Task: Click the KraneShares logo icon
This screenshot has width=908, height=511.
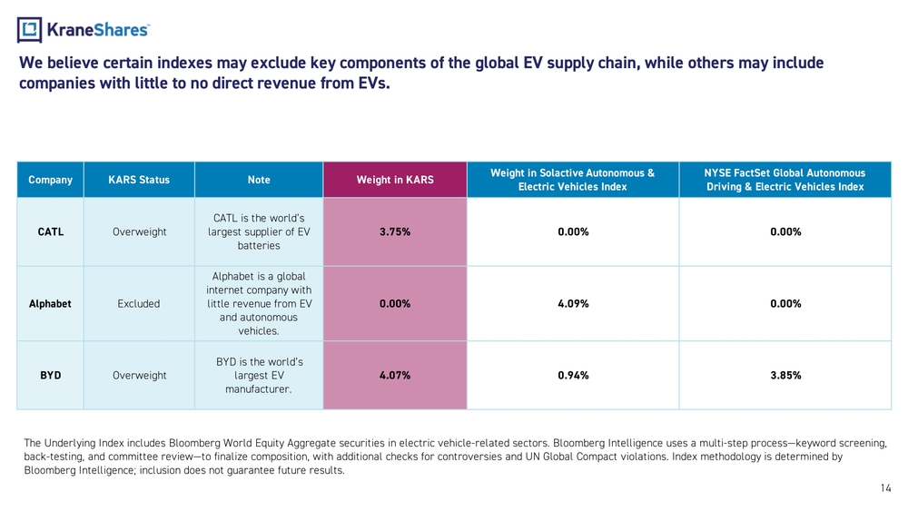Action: click(29, 30)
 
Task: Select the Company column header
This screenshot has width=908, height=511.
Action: click(50, 180)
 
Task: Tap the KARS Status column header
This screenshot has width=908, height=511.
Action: click(139, 180)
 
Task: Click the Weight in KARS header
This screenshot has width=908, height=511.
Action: click(395, 180)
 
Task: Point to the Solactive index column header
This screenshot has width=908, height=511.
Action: click(572, 180)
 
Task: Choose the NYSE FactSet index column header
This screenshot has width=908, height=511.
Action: click(785, 180)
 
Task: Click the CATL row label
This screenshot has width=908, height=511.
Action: click(50, 231)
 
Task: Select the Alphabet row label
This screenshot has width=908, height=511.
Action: click(50, 304)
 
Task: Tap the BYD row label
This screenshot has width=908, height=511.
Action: click(50, 375)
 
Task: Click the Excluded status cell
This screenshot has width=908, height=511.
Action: click(139, 304)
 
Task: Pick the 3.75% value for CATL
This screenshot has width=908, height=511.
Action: click(395, 231)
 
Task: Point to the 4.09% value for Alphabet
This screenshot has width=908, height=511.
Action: click(573, 304)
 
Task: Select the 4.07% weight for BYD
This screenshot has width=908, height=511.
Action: click(395, 375)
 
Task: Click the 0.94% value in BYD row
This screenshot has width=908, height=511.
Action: click(573, 375)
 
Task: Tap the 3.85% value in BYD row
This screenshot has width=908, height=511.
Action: click(785, 375)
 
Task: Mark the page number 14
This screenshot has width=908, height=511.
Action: click(886, 488)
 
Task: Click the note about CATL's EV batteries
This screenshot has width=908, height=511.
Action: click(259, 231)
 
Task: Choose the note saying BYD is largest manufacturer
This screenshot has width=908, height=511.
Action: click(259, 375)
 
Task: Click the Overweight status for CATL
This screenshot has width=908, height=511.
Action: click(139, 231)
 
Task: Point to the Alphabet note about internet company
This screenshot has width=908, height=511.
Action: click(259, 304)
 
